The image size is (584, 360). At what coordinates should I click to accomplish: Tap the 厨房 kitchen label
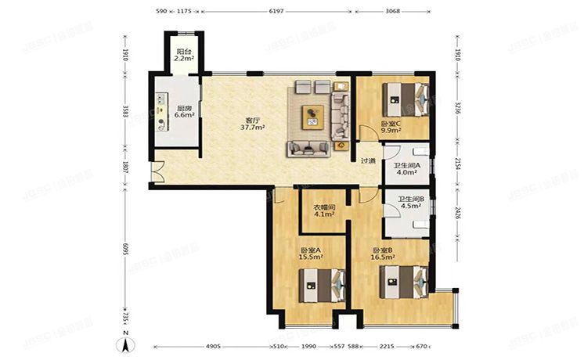pos(185,111)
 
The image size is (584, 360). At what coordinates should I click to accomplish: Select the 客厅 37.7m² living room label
pos(252,124)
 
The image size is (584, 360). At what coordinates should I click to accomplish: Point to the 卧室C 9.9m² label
pos(391,127)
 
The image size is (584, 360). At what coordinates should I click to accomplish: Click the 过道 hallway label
pos(367,161)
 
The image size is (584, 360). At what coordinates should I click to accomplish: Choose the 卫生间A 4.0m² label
pos(407,169)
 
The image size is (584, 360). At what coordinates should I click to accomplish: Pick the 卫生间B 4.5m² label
pos(410,203)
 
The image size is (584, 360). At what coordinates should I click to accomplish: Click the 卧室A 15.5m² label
pos(311,255)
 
